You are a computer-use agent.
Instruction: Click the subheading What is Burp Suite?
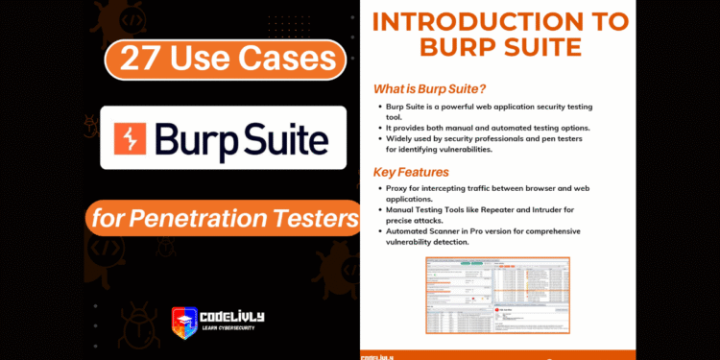coord(428,89)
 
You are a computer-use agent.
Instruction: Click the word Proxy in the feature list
coord(394,189)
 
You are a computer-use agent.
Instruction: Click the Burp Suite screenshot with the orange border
coord(497,295)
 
